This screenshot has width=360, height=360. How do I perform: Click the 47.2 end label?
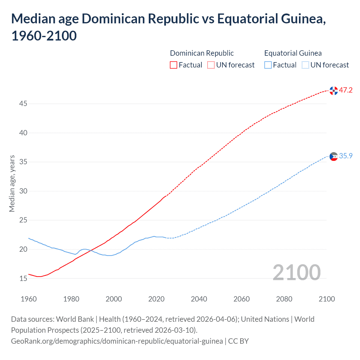[345, 90]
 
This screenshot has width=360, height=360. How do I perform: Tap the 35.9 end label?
[345, 156]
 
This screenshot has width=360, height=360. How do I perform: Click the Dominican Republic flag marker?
[334, 91]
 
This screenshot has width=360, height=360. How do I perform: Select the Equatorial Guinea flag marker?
[334, 157]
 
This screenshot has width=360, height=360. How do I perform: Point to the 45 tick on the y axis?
[23, 104]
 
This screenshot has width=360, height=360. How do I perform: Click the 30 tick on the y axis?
[23, 191]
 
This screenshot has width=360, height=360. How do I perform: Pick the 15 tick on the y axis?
[23, 278]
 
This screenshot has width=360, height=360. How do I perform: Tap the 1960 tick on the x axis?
[29, 299]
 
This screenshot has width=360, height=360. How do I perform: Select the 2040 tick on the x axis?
[199, 299]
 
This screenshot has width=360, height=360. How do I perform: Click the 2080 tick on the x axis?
[284, 299]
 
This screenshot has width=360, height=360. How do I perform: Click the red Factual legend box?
[174, 65]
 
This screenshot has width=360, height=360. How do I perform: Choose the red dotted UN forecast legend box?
[211, 65]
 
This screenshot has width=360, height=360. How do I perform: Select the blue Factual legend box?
[268, 65]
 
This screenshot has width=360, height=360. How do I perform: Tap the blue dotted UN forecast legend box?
[305, 65]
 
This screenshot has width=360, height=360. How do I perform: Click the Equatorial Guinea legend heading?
[293, 53]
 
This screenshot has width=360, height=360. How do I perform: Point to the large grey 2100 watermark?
[296, 272]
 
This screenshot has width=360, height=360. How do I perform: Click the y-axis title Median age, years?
[12, 183]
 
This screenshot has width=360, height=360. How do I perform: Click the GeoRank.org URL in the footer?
[117, 341]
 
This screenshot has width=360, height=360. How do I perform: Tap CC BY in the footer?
[238, 341]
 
